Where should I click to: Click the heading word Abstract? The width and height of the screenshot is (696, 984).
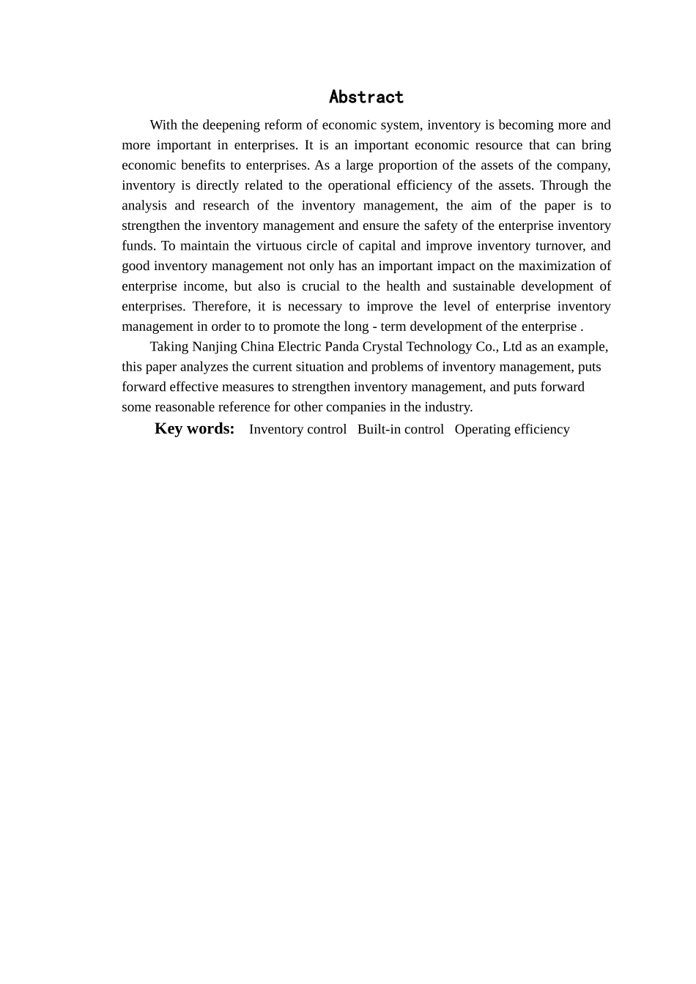[366, 97]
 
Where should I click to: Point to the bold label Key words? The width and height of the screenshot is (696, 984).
[194, 429]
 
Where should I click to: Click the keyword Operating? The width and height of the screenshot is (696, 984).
[481, 430]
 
